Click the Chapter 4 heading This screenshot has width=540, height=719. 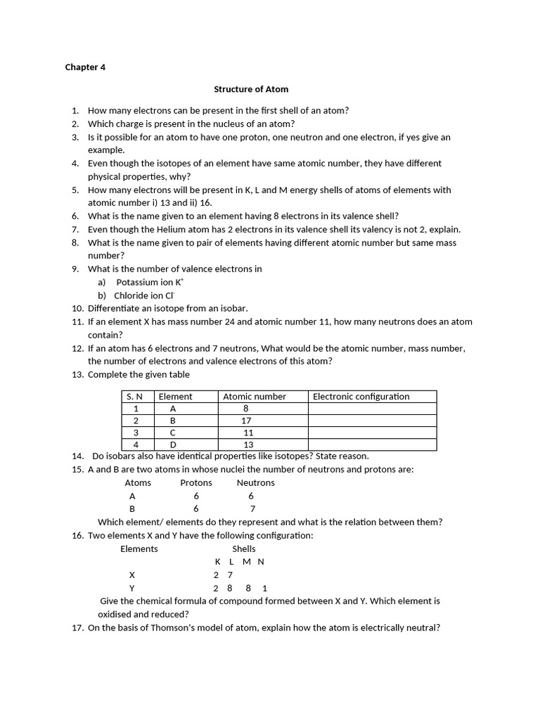(x=85, y=67)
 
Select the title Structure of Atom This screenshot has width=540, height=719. (x=251, y=89)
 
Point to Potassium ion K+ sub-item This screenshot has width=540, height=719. (x=150, y=282)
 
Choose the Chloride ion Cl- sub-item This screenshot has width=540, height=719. (x=144, y=296)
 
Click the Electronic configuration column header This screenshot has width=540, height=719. (x=361, y=397)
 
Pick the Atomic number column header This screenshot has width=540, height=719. (x=255, y=397)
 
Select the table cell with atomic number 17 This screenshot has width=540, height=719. (x=246, y=421)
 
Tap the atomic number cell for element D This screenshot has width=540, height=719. (x=247, y=444)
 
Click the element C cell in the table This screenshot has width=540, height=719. (x=173, y=433)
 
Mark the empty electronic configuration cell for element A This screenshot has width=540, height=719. (x=373, y=409)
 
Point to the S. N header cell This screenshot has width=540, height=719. (x=134, y=397)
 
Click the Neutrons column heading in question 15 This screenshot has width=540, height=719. (x=255, y=483)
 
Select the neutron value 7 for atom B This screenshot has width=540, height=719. (x=252, y=509)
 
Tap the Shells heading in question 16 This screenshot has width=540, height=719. (x=244, y=549)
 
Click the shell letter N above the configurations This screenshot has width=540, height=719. (x=261, y=562)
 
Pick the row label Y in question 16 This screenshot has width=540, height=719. (x=131, y=588)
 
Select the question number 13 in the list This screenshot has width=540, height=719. (x=77, y=374)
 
